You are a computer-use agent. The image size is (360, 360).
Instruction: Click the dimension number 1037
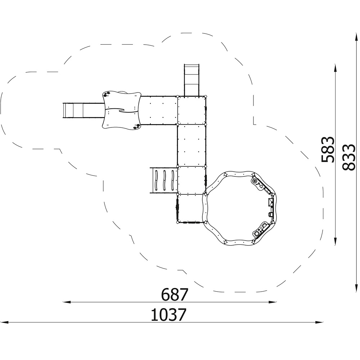click(168, 315)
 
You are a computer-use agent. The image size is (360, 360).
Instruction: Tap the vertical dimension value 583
click(327, 150)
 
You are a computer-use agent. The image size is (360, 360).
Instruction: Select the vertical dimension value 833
click(348, 157)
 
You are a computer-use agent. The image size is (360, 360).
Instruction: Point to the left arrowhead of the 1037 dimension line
click(5, 322)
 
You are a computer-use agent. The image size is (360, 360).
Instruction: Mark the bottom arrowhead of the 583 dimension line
click(336, 241)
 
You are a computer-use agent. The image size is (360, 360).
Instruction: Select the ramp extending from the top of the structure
click(191, 80)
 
